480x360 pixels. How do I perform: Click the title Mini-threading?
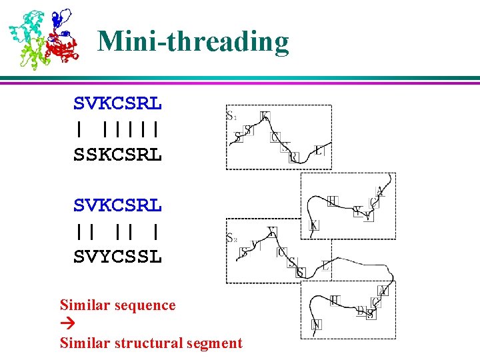193,41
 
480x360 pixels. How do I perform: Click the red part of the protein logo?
63,48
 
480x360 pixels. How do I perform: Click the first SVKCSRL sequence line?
117,104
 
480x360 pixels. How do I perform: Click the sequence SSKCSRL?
117,155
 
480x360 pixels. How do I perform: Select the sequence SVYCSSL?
117,256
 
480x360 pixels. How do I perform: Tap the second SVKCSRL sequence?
117,205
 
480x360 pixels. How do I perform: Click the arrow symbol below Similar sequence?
65,325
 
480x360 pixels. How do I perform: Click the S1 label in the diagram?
231,115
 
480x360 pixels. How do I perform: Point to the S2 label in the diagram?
231,237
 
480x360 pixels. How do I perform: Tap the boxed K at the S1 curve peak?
265,117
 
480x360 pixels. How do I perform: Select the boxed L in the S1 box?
319,151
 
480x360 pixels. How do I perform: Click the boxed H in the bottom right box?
335,301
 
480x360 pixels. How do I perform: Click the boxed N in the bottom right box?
316,325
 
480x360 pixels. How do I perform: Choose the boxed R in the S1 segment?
294,157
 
